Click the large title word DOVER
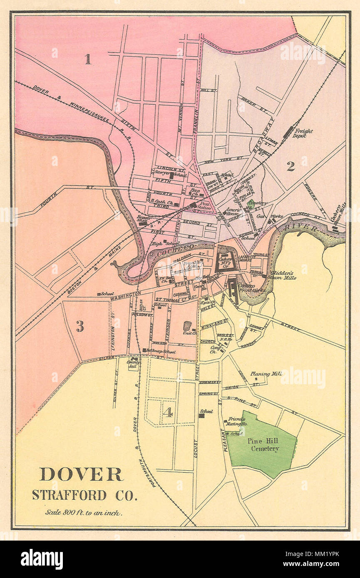(x=81, y=474)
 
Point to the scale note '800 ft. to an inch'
(x=84, y=513)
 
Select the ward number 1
(x=88, y=59)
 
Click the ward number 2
(x=290, y=166)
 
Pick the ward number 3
(x=79, y=326)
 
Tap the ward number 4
(x=167, y=412)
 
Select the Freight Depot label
(x=303, y=133)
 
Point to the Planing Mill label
(x=266, y=374)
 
